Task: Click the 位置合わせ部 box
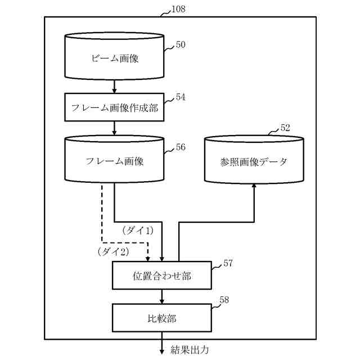(x=161, y=276)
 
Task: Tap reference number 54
(x=180, y=97)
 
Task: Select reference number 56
(x=180, y=147)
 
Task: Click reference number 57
(x=228, y=263)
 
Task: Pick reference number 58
(x=223, y=300)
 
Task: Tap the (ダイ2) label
(x=113, y=251)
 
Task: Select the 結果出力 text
(x=190, y=350)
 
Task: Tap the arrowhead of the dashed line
(x=148, y=259)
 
